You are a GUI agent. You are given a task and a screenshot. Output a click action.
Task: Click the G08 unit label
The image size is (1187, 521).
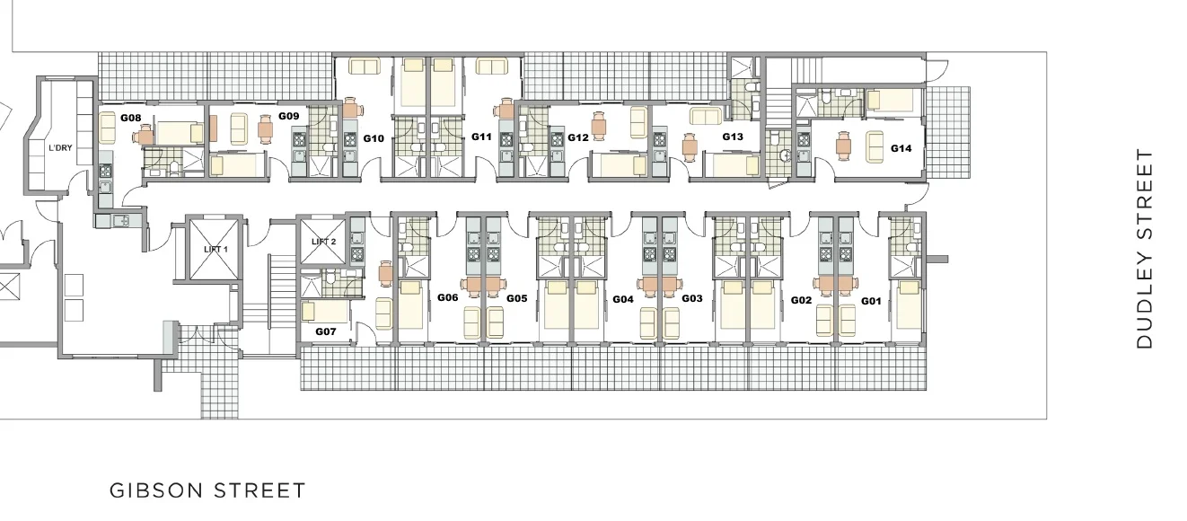point(130,118)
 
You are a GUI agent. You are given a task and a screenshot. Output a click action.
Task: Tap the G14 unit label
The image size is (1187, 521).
point(901,148)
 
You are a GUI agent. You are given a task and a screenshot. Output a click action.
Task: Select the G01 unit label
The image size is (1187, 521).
point(871,301)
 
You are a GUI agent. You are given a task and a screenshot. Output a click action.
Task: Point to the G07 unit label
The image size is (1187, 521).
point(325,331)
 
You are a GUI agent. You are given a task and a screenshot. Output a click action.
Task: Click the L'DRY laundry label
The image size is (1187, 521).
point(60,148)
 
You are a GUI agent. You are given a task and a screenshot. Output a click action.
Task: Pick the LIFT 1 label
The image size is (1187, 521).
point(215,249)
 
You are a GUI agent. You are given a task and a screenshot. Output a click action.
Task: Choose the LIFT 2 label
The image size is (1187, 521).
point(324,242)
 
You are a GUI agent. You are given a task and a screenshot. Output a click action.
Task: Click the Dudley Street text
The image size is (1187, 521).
point(1145,249)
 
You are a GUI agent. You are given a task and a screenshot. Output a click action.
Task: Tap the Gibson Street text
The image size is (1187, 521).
point(207,490)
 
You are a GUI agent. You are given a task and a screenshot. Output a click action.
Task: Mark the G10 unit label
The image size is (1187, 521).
point(373,138)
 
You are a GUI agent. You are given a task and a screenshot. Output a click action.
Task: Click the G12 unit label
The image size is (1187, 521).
point(578,137)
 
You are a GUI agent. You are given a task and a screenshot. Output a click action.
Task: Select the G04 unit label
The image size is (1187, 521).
point(622,299)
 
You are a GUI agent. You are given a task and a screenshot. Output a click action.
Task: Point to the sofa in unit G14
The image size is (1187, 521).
point(875,146)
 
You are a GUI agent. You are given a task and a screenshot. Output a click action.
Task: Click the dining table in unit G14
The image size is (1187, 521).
point(843,146)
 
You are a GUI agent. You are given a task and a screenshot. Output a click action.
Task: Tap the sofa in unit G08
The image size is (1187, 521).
point(108,128)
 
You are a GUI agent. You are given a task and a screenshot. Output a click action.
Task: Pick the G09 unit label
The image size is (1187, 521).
point(289,116)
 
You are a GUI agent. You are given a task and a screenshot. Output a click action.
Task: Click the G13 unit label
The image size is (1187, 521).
point(733,137)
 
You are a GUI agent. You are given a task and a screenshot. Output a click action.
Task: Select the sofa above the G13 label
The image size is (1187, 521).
point(706,116)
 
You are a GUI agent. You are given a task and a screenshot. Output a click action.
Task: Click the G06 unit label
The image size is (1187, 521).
point(447,298)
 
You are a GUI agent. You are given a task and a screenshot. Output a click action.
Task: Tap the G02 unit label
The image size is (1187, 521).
point(801,301)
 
